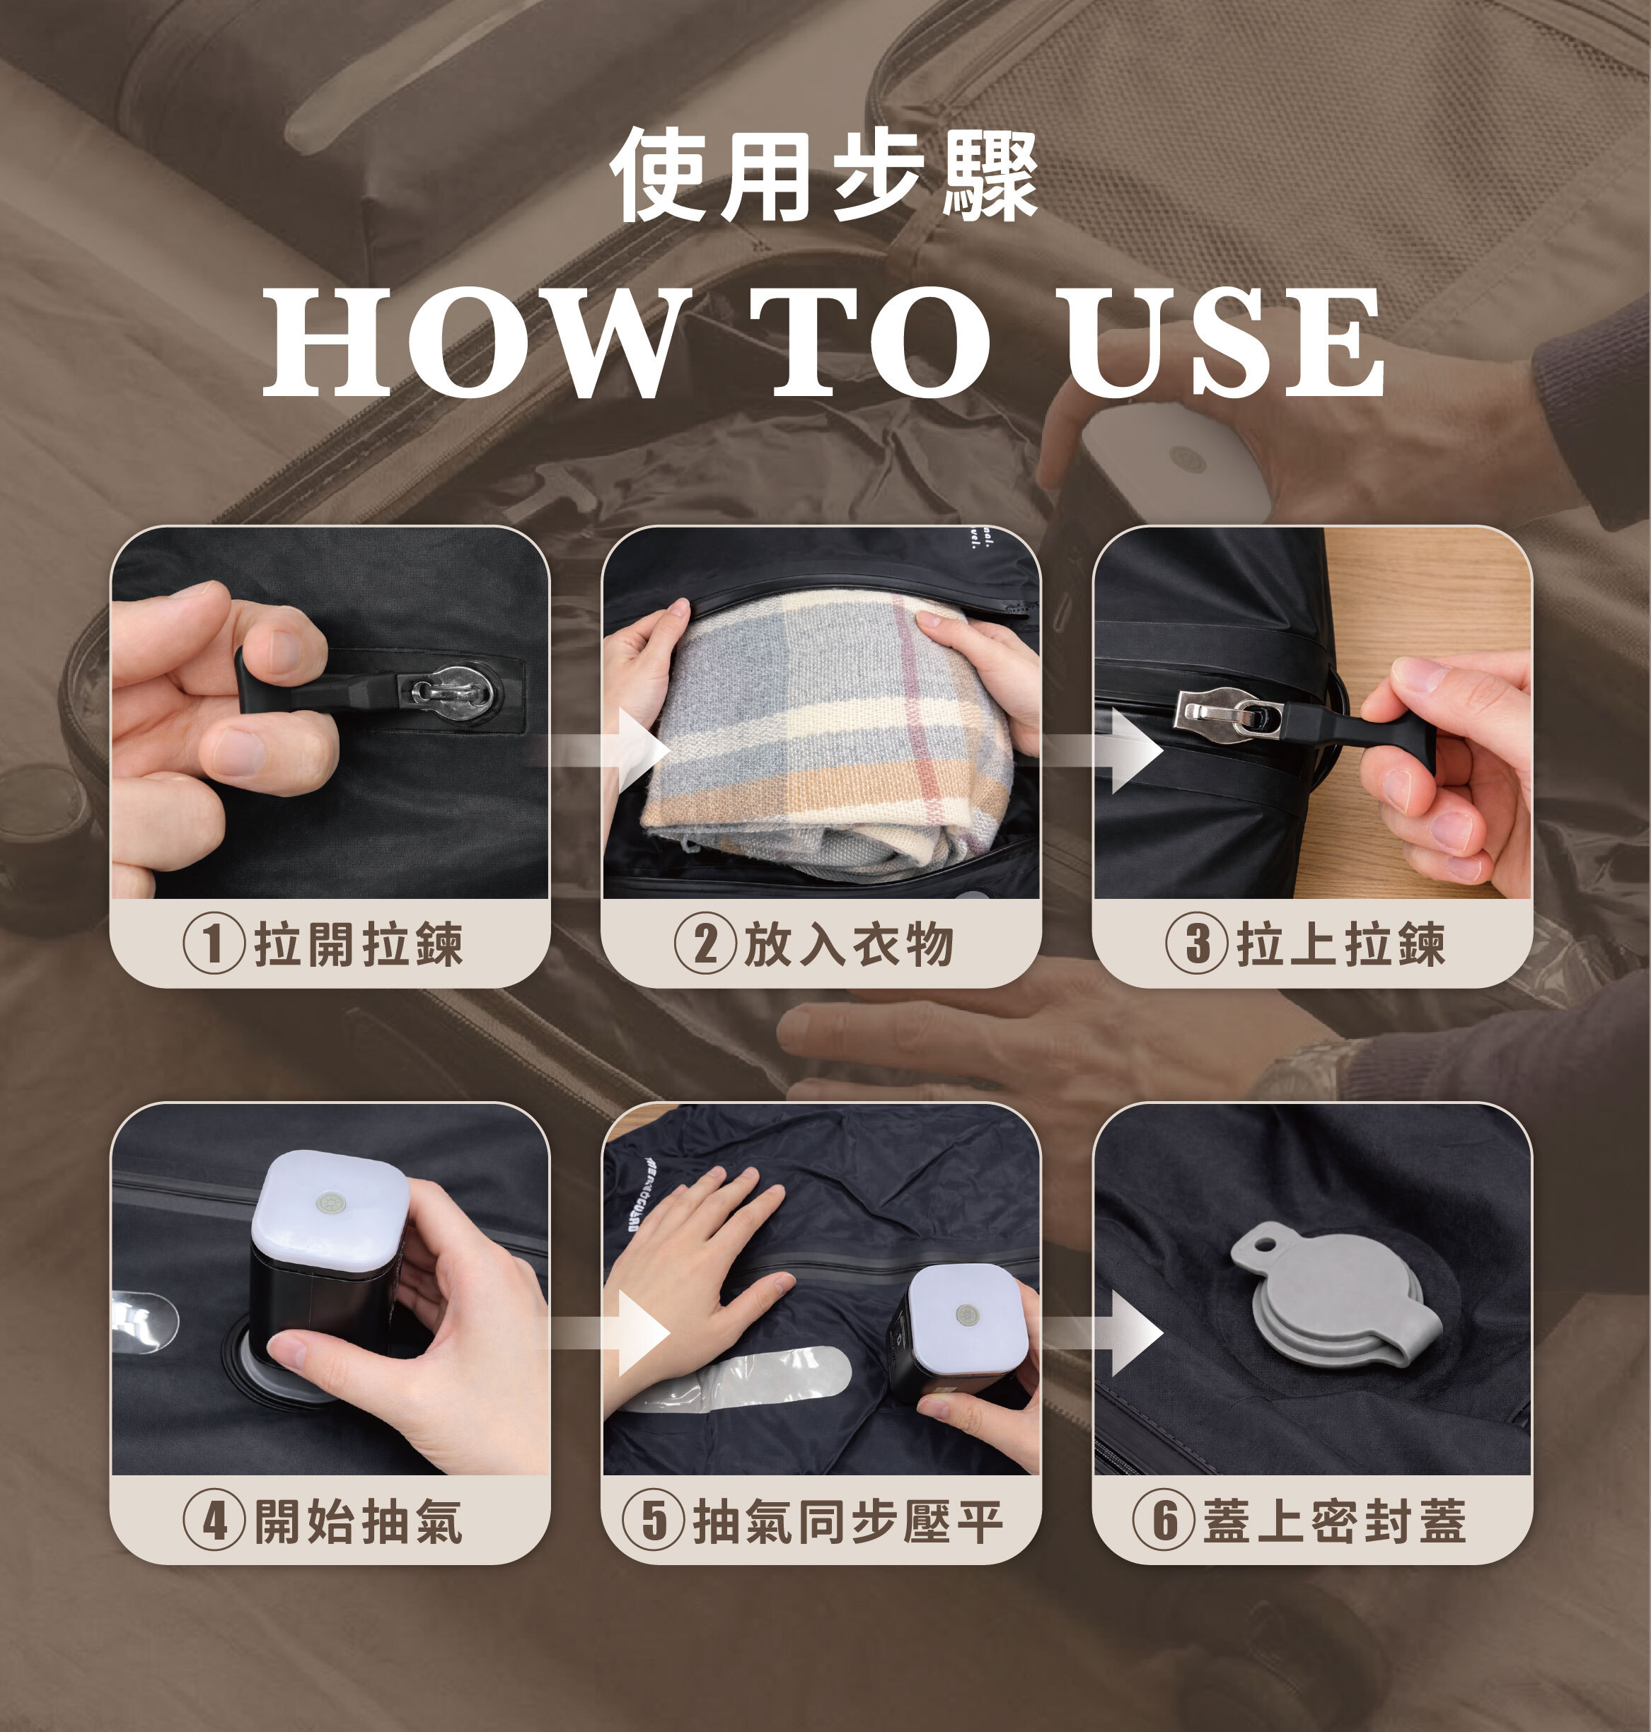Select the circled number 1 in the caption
coord(214,943)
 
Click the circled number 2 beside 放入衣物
coord(705,943)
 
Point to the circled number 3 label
coord(1197,943)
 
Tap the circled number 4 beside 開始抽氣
coord(214,1520)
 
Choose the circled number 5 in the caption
coord(653,1520)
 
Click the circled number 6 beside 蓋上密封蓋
coord(1164,1520)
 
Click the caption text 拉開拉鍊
coord(358,944)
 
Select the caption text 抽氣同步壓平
coord(848,1521)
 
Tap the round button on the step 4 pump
coord(330,1202)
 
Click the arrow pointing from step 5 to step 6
coord(1099,1332)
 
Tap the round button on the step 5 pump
coord(966,1315)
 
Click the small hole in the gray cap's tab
coord(1265,1245)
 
